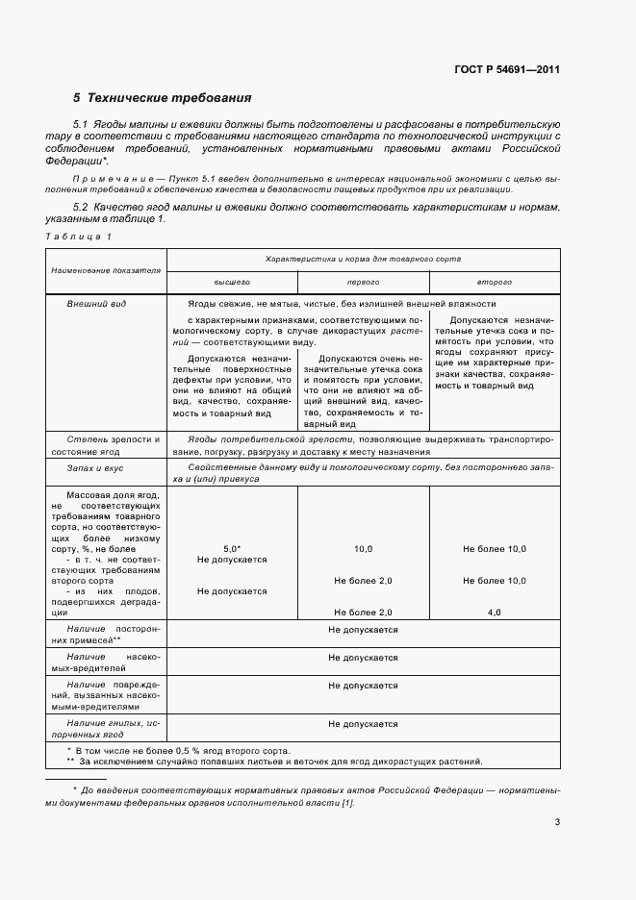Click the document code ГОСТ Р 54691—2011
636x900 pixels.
508,69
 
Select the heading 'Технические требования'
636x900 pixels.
169,98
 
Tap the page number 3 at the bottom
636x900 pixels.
557,821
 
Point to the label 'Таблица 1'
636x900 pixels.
79,236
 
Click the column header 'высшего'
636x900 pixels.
231,282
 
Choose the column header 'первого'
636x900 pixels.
363,282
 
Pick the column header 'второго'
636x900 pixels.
494,282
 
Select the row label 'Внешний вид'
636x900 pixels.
89,304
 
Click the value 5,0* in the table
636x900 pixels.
231,547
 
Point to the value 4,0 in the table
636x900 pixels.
495,612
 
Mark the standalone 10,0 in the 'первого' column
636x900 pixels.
363,547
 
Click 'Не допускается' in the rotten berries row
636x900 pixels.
363,723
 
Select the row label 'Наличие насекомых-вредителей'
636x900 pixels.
106,663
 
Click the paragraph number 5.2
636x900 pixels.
81,207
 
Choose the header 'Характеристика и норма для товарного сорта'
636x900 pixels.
363,260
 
